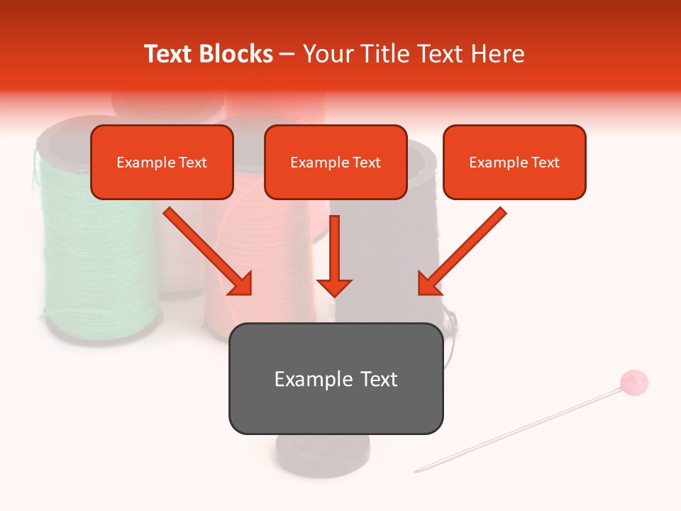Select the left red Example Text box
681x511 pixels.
[162, 162]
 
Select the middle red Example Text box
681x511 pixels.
[336, 162]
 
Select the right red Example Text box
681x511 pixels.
[514, 162]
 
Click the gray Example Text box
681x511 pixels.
[336, 378]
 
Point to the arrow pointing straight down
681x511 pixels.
[334, 259]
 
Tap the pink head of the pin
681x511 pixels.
[634, 382]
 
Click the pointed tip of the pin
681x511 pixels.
[417, 471]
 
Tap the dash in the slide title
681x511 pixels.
[287, 54]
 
